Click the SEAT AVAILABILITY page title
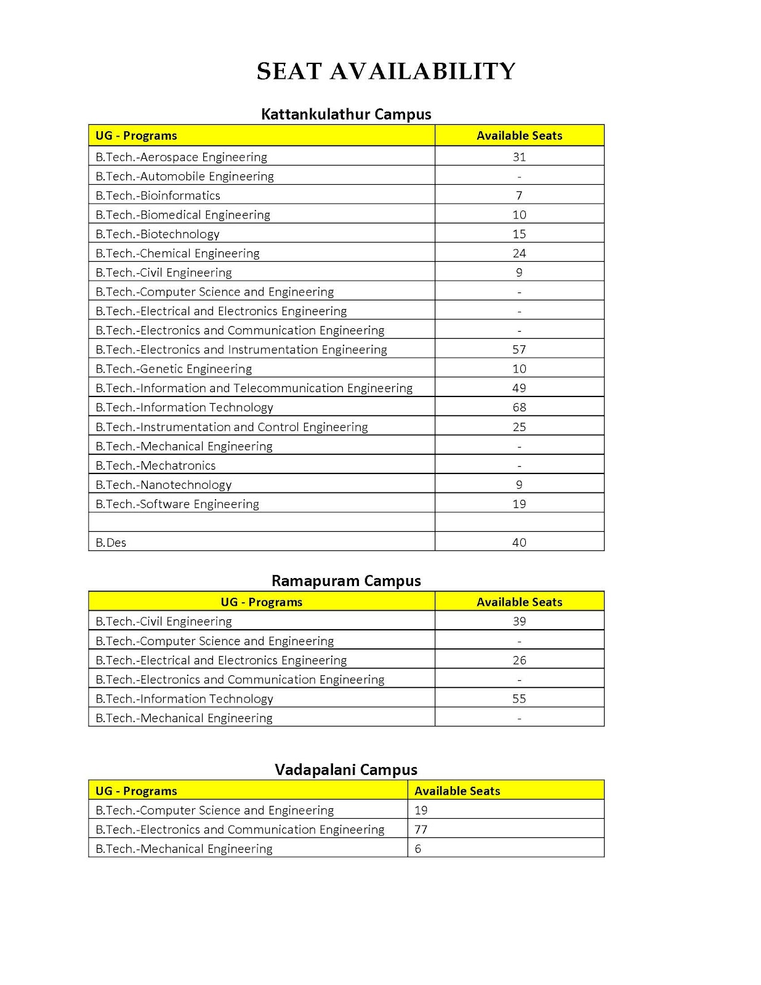tap(386, 71)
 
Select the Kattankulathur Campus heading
tap(346, 115)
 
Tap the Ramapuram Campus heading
tap(346, 581)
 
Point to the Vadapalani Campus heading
tap(346, 770)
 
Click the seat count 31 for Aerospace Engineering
tap(519, 157)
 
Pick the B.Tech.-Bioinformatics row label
tap(158, 196)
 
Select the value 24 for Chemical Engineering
tap(519, 253)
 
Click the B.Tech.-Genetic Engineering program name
tap(174, 369)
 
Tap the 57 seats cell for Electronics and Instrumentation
tap(519, 350)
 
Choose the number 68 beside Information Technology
tap(519, 408)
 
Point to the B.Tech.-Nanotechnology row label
tap(164, 485)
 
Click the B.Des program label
tap(111, 543)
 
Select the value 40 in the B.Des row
tap(519, 543)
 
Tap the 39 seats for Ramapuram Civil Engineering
tap(519, 621)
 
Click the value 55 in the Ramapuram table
tap(519, 699)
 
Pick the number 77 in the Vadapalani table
tap(421, 830)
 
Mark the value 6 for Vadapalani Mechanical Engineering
tap(418, 849)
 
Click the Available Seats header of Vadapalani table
tap(457, 791)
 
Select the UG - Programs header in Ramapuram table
tap(262, 602)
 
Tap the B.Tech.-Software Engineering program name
tap(177, 504)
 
